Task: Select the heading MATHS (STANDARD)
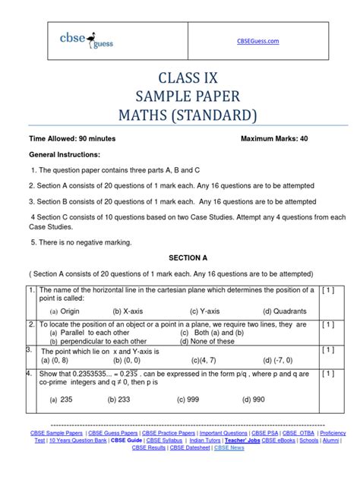180,115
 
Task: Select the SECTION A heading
179,257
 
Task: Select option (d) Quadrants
285,311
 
